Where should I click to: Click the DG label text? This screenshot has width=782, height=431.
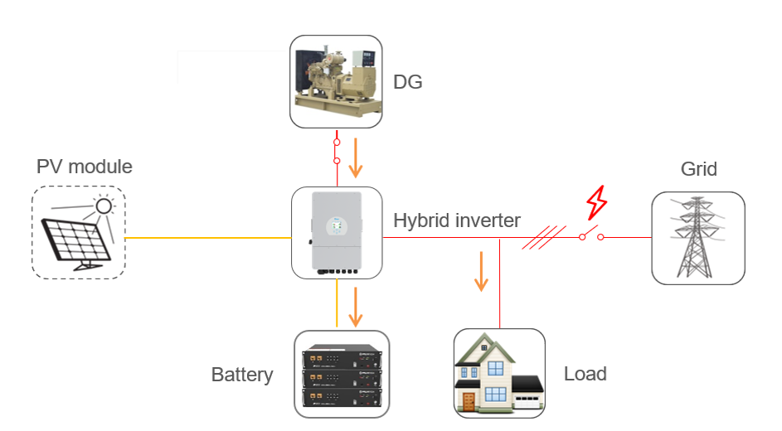coord(407,82)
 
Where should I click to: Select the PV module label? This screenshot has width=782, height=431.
coord(85,167)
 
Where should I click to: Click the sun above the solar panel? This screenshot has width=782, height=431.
coord(104,206)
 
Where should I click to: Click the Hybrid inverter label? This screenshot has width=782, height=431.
coord(456,220)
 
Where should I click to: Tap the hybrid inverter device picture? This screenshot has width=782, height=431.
coord(338,233)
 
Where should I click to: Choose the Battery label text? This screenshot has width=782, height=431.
coord(242,375)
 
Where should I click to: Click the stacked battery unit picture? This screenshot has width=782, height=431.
coord(342,374)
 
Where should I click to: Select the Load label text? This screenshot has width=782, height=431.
coord(585,374)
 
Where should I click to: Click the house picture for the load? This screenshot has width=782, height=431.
coord(499,374)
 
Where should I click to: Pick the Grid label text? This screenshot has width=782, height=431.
coord(698,169)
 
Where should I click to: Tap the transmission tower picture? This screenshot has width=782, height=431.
coord(697,238)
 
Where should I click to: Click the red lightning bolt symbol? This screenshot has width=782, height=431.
coord(596,201)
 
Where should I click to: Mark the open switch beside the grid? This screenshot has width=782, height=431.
coord(591,235)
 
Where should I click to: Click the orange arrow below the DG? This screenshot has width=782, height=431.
coord(357,158)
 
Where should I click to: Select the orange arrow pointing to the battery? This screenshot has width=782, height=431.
coord(357,307)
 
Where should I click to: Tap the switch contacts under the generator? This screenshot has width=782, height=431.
coord(337,151)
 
